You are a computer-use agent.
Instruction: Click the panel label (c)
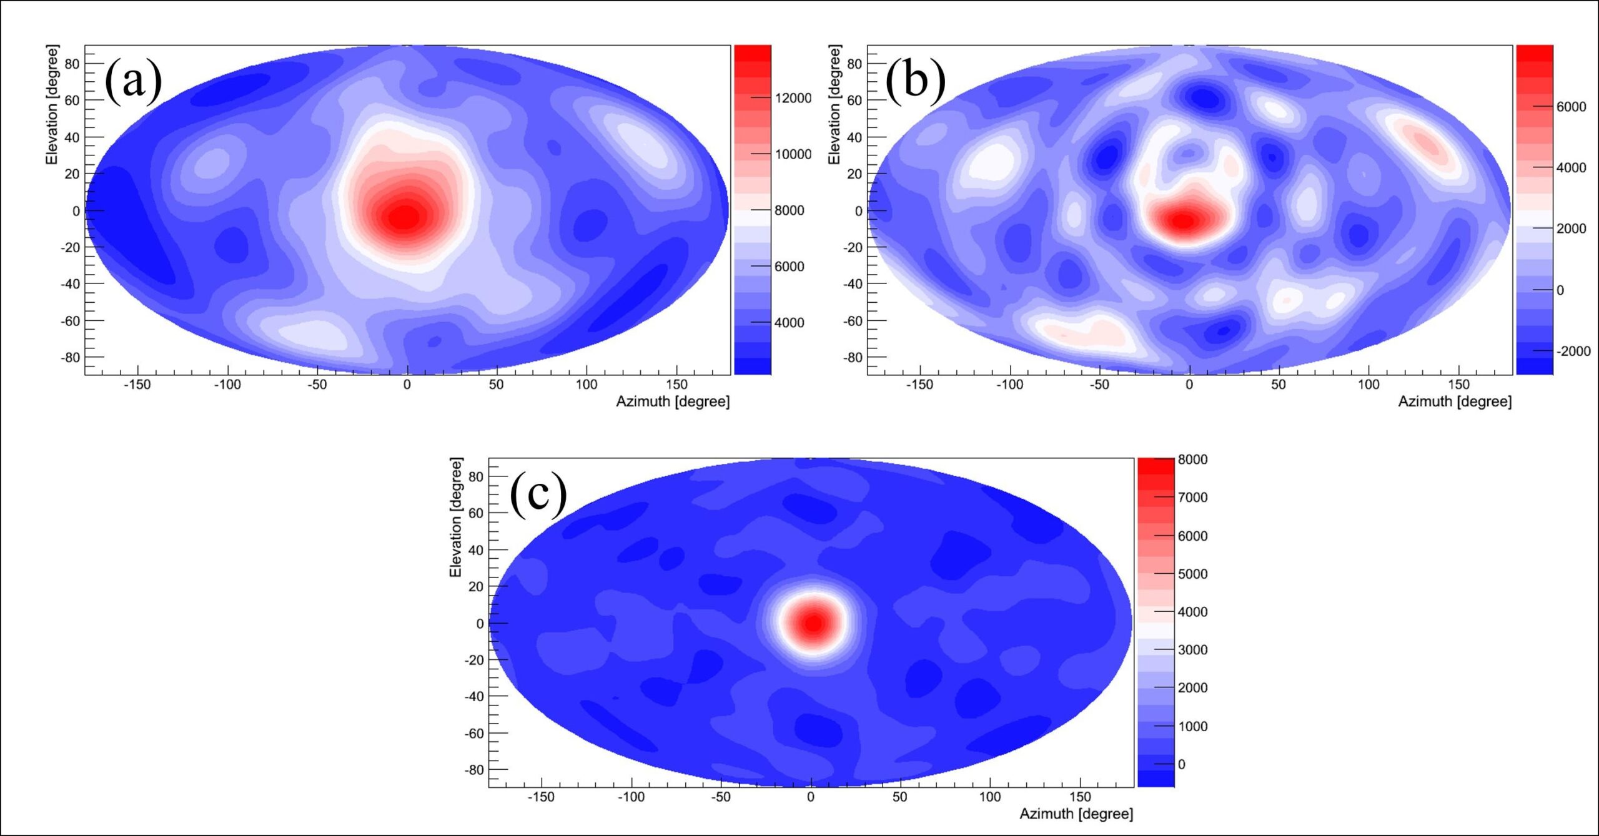click(538, 494)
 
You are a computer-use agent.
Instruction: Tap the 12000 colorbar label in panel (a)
click(793, 98)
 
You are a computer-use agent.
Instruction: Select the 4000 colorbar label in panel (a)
click(789, 323)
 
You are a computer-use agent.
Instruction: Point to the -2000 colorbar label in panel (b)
click(1573, 351)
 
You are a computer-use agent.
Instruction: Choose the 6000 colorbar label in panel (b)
click(1571, 107)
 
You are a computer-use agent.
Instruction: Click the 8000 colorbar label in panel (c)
click(1192, 460)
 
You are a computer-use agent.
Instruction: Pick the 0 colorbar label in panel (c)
click(1181, 764)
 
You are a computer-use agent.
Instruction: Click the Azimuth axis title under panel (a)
click(673, 401)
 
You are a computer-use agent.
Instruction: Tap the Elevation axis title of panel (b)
click(834, 104)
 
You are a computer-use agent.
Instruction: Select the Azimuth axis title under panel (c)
click(1076, 814)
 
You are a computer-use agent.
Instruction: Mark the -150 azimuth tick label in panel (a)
click(137, 385)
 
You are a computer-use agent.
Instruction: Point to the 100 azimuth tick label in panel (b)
click(1369, 385)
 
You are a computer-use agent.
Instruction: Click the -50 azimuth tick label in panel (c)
click(721, 797)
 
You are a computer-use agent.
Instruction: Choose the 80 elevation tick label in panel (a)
click(72, 64)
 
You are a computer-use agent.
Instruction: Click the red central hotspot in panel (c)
click(813, 623)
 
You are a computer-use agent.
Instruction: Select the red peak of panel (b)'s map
click(1183, 220)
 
